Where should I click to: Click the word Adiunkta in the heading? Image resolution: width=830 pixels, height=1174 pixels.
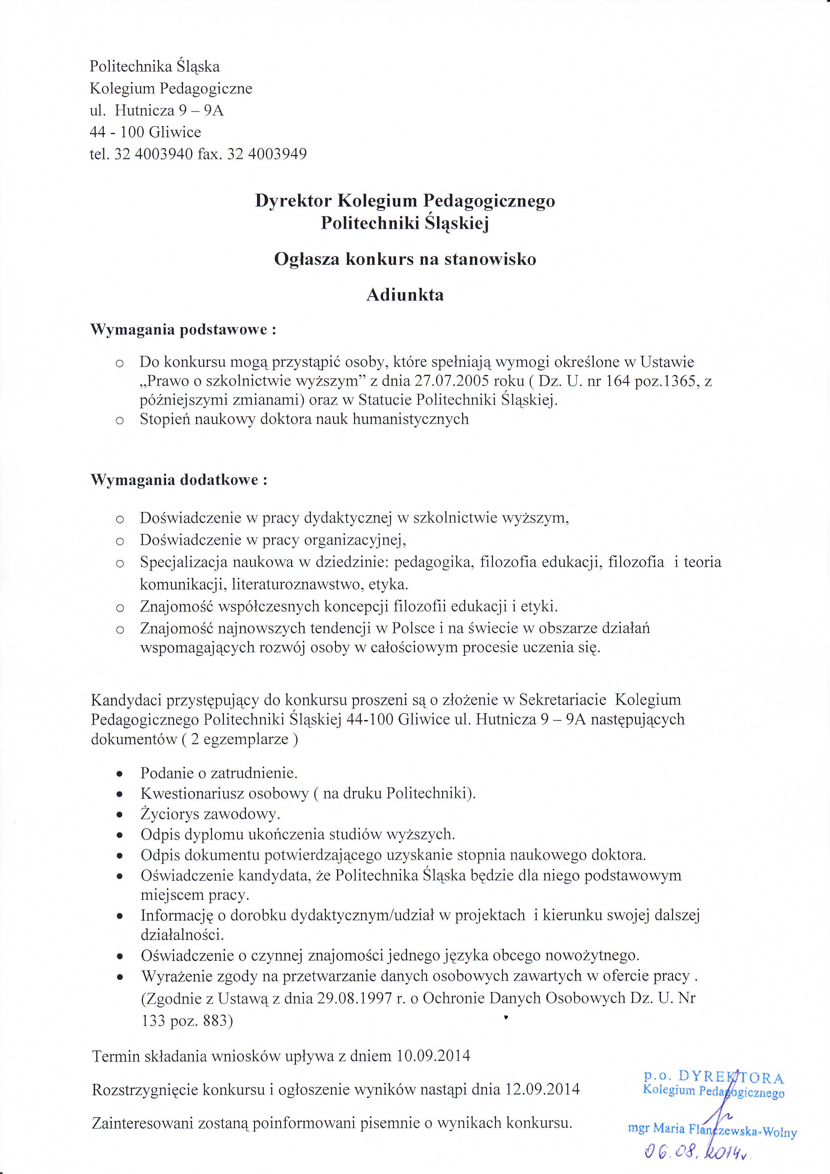[x=405, y=295]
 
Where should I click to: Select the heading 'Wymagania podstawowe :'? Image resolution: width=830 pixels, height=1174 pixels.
[x=183, y=329]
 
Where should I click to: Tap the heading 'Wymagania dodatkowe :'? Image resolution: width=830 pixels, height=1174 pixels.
[x=179, y=480]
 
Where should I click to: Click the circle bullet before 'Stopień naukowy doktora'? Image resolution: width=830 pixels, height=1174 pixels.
[x=119, y=421]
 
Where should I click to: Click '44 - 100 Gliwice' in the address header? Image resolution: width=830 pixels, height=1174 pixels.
[x=145, y=132]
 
